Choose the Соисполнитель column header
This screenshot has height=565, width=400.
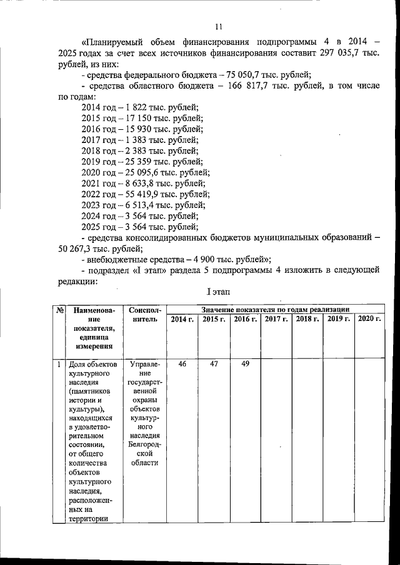tap(145, 314)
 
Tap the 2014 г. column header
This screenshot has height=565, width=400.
tap(182, 320)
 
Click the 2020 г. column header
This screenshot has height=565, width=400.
tap(369, 320)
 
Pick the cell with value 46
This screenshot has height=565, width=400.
tap(182, 364)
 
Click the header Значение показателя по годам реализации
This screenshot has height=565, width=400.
tap(275, 310)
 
